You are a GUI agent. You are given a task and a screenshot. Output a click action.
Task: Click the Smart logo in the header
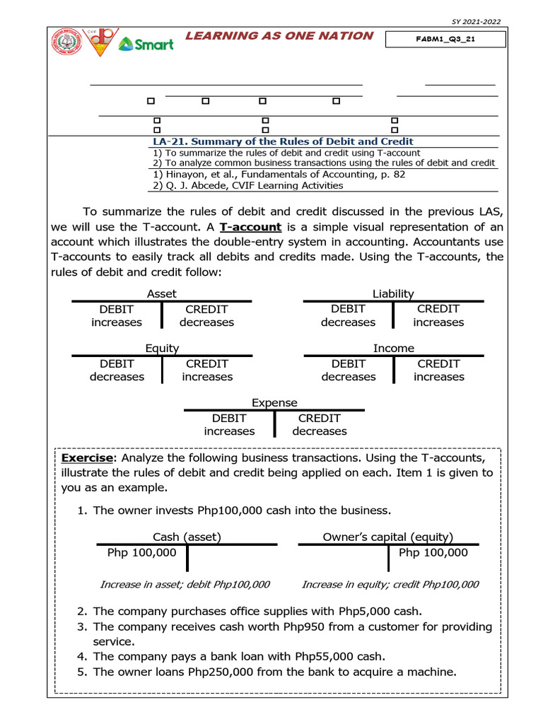(146, 44)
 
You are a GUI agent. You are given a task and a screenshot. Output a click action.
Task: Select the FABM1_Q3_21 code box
(445, 39)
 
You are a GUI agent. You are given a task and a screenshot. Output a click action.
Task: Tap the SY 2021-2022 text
(476, 21)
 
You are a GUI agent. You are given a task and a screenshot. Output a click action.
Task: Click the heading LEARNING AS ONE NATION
(279, 36)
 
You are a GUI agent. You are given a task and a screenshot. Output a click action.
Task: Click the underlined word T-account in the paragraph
(250, 227)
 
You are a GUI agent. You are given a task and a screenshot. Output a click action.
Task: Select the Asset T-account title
(162, 293)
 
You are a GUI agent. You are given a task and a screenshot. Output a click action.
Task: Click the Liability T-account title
(393, 293)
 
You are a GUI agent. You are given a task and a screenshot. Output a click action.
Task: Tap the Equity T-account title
(162, 348)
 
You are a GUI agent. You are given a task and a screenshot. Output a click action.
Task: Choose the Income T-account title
(394, 348)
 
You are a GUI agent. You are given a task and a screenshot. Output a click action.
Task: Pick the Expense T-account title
(274, 402)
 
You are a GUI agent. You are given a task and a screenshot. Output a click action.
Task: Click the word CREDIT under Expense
(319, 418)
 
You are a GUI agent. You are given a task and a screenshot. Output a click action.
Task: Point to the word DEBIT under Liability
(348, 309)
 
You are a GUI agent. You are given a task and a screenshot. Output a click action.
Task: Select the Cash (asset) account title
(187, 537)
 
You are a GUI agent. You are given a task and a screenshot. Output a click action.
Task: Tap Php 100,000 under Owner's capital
(433, 552)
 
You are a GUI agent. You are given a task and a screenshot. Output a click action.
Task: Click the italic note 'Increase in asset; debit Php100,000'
(185, 585)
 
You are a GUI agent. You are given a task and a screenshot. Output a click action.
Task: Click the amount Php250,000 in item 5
(221, 672)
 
